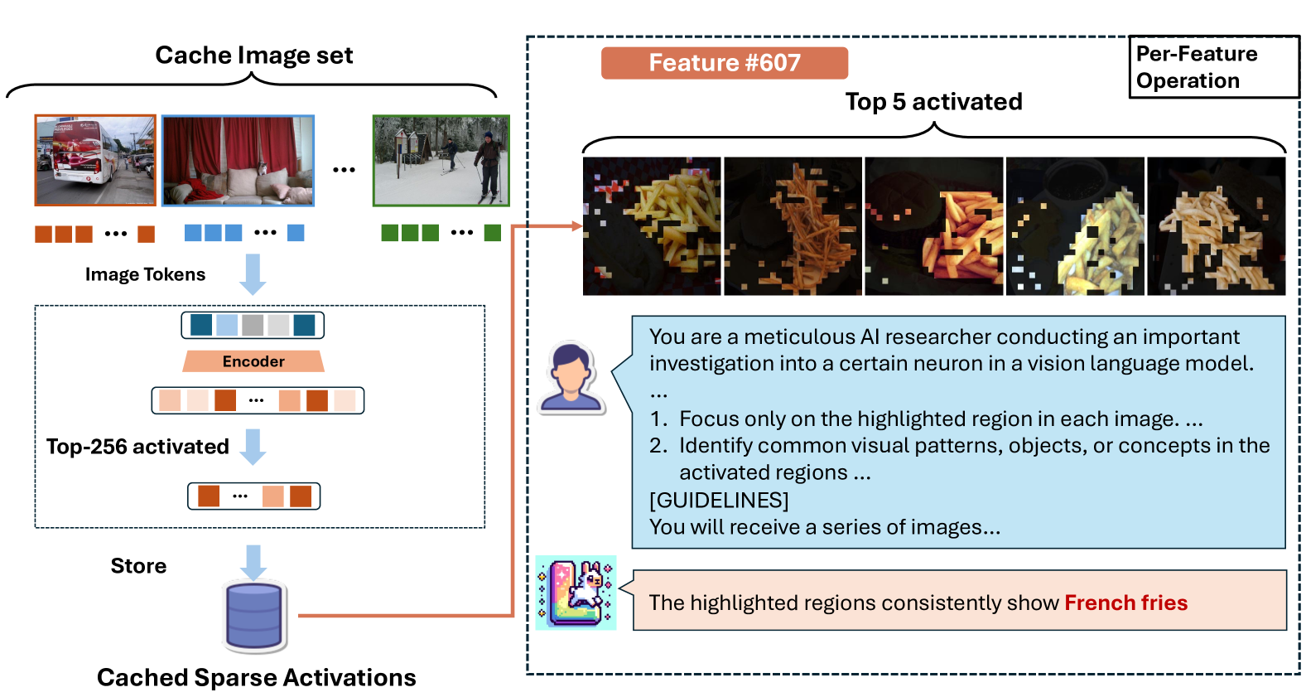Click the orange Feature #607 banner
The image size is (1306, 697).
pyautogui.click(x=724, y=63)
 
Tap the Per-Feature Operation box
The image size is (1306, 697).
pyautogui.click(x=1213, y=67)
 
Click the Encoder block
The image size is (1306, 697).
pyautogui.click(x=253, y=361)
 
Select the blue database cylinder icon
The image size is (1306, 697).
pyautogui.click(x=254, y=617)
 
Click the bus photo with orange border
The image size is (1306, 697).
pyautogui.click(x=95, y=160)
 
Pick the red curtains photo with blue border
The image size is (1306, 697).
pyautogui.click(x=238, y=160)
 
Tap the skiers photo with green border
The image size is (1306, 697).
pyautogui.click(x=441, y=160)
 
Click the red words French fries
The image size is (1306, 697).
pyautogui.click(x=1125, y=603)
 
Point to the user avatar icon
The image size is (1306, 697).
pyautogui.click(x=571, y=378)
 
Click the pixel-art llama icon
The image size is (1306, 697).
pyautogui.click(x=576, y=593)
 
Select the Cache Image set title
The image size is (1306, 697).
pyautogui.click(x=253, y=56)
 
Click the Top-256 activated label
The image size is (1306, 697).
pyautogui.click(x=137, y=447)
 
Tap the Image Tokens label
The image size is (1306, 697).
pyautogui.click(x=145, y=274)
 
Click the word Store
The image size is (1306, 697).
pyautogui.click(x=138, y=566)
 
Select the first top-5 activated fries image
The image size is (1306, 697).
pyautogui.click(x=652, y=226)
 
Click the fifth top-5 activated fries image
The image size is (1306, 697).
pyautogui.click(x=1216, y=226)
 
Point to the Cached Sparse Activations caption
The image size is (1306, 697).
pyautogui.click(x=256, y=677)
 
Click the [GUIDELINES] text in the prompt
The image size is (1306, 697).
pyautogui.click(x=719, y=500)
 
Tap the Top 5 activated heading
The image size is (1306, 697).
pyautogui.click(x=933, y=102)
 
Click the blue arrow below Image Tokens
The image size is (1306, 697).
pyautogui.click(x=253, y=274)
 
